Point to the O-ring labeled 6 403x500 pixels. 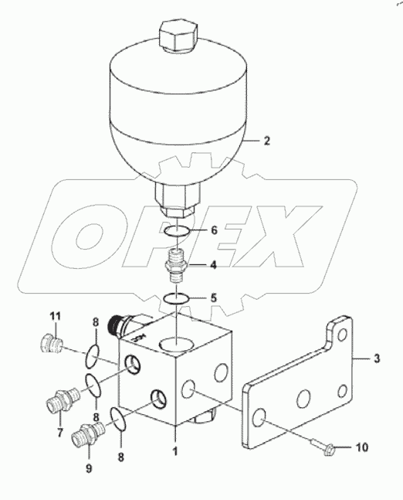coord(177,230)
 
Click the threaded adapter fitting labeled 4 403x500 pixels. coord(178,264)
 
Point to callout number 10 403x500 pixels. coord(361,447)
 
